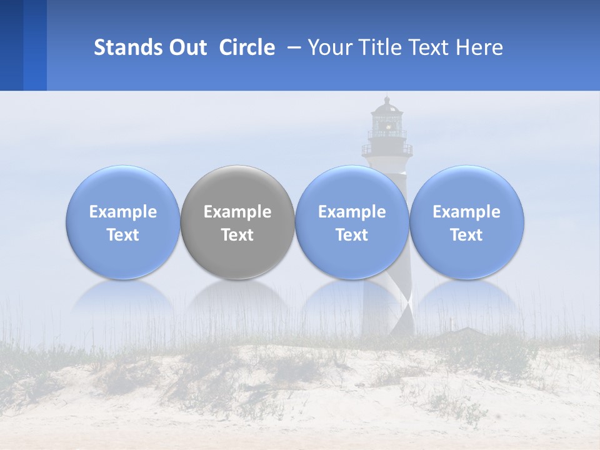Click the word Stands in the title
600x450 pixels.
point(128,47)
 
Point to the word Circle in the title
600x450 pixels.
point(247,47)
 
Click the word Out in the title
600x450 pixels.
point(187,47)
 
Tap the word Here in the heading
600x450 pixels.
point(481,47)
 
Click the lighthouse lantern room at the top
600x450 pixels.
point(387,119)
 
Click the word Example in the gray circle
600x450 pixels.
point(237,212)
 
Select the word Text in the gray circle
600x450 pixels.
point(237,235)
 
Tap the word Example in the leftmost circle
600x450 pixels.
point(122,212)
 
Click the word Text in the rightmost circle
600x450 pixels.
point(467,235)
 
